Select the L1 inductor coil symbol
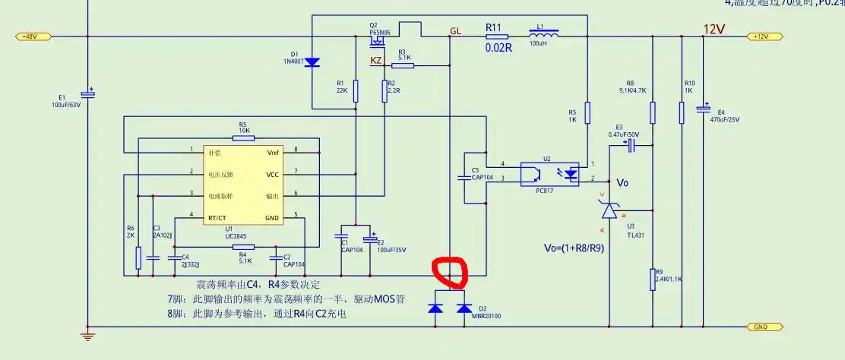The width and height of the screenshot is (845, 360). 544,35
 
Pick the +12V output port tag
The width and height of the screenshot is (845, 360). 760,36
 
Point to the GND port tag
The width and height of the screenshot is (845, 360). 760,327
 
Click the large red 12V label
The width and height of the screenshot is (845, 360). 714,29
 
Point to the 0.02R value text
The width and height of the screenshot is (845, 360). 498,47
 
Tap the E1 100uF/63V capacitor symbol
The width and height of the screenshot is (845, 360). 88,93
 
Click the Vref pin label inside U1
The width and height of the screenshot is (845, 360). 273,153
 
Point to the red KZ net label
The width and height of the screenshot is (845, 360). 376,60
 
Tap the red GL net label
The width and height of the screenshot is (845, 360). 455,31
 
